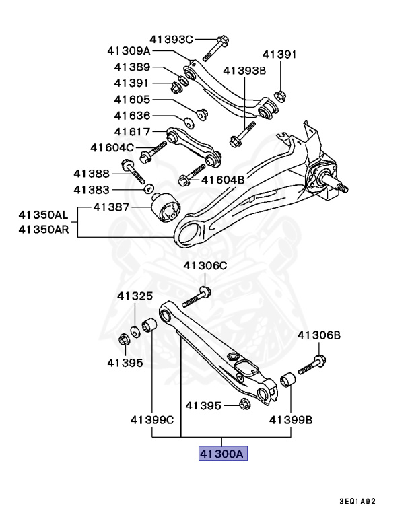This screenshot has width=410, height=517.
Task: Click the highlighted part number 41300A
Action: point(223,454)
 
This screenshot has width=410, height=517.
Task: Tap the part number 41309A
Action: point(129,51)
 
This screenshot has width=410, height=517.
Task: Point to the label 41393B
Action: point(244,69)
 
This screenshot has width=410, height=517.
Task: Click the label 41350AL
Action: point(43,215)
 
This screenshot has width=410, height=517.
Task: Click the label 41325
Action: point(135,296)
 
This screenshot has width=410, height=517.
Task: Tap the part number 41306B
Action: point(319,335)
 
